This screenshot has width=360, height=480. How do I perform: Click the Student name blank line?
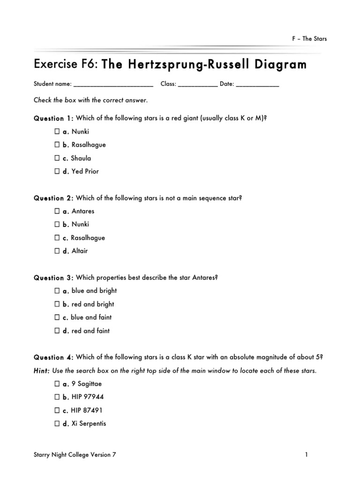(113, 85)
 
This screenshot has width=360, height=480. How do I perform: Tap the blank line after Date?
(257, 85)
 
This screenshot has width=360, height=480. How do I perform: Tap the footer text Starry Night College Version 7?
(75, 454)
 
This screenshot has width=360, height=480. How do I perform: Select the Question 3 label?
(53, 277)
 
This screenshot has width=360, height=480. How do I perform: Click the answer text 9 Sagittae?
(86, 384)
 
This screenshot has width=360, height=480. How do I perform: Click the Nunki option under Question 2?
(80, 225)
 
